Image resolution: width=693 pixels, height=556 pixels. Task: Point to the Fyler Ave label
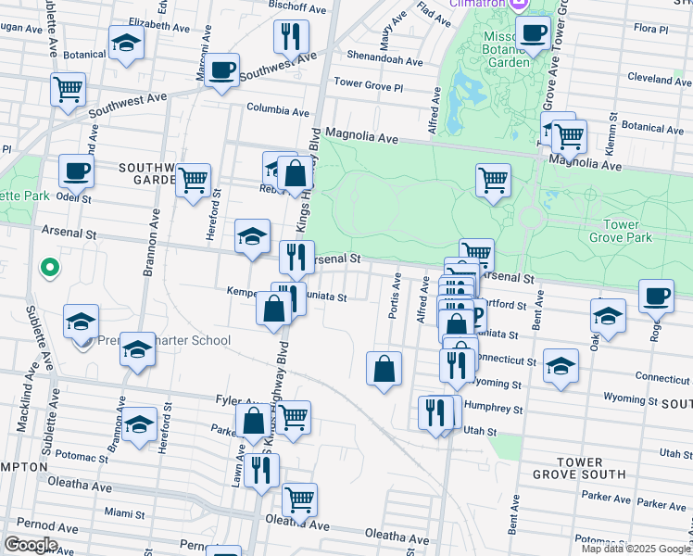click(x=233, y=399)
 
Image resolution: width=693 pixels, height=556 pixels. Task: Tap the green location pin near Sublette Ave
click(x=51, y=269)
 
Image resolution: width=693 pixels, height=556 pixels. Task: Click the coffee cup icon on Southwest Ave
click(x=221, y=69)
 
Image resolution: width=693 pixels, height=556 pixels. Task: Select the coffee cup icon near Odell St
click(x=76, y=171)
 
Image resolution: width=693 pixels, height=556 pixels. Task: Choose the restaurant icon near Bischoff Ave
click(x=291, y=36)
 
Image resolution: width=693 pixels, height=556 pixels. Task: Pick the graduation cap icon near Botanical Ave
click(x=126, y=43)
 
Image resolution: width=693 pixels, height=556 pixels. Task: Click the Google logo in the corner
click(x=30, y=545)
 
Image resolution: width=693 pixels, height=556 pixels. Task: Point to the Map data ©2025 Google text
click(x=636, y=549)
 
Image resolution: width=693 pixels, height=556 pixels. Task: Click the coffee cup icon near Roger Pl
click(x=656, y=296)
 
